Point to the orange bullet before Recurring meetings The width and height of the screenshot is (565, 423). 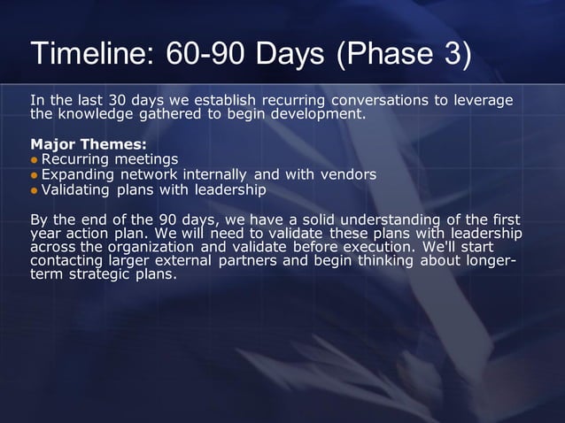tap(35, 159)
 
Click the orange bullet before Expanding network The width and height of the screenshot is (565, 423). tap(35, 174)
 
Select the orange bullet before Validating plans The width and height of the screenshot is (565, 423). tap(35, 190)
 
